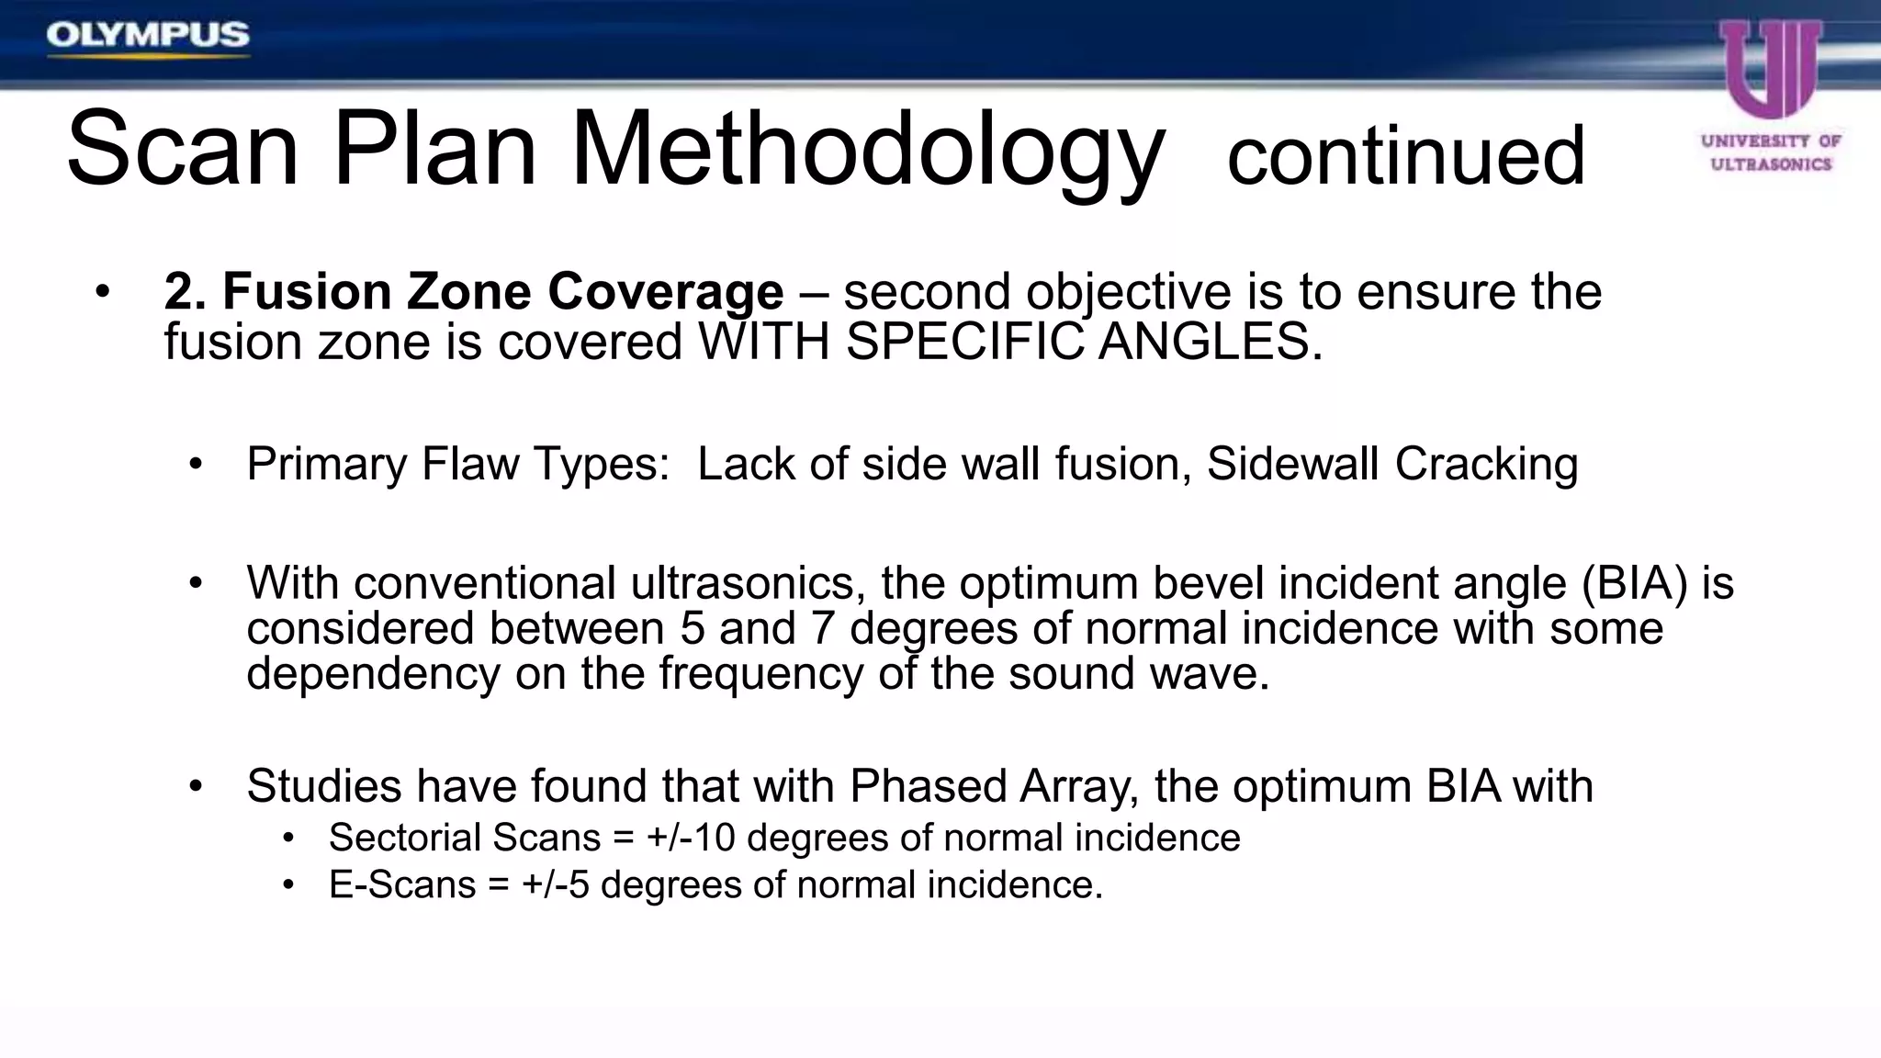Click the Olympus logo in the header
coord(148,36)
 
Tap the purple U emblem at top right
coord(1771,69)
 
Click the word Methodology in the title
coord(867,152)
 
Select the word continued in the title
coord(1405,156)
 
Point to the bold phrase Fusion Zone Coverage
coord(502,292)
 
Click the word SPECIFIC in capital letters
coord(964,343)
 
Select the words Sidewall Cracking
coord(1391,464)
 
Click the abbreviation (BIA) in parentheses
coord(1635,583)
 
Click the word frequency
coord(760,674)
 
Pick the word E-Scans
coord(402,885)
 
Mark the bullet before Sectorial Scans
coord(288,839)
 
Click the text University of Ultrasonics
coord(1771,152)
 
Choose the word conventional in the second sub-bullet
coord(484,583)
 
